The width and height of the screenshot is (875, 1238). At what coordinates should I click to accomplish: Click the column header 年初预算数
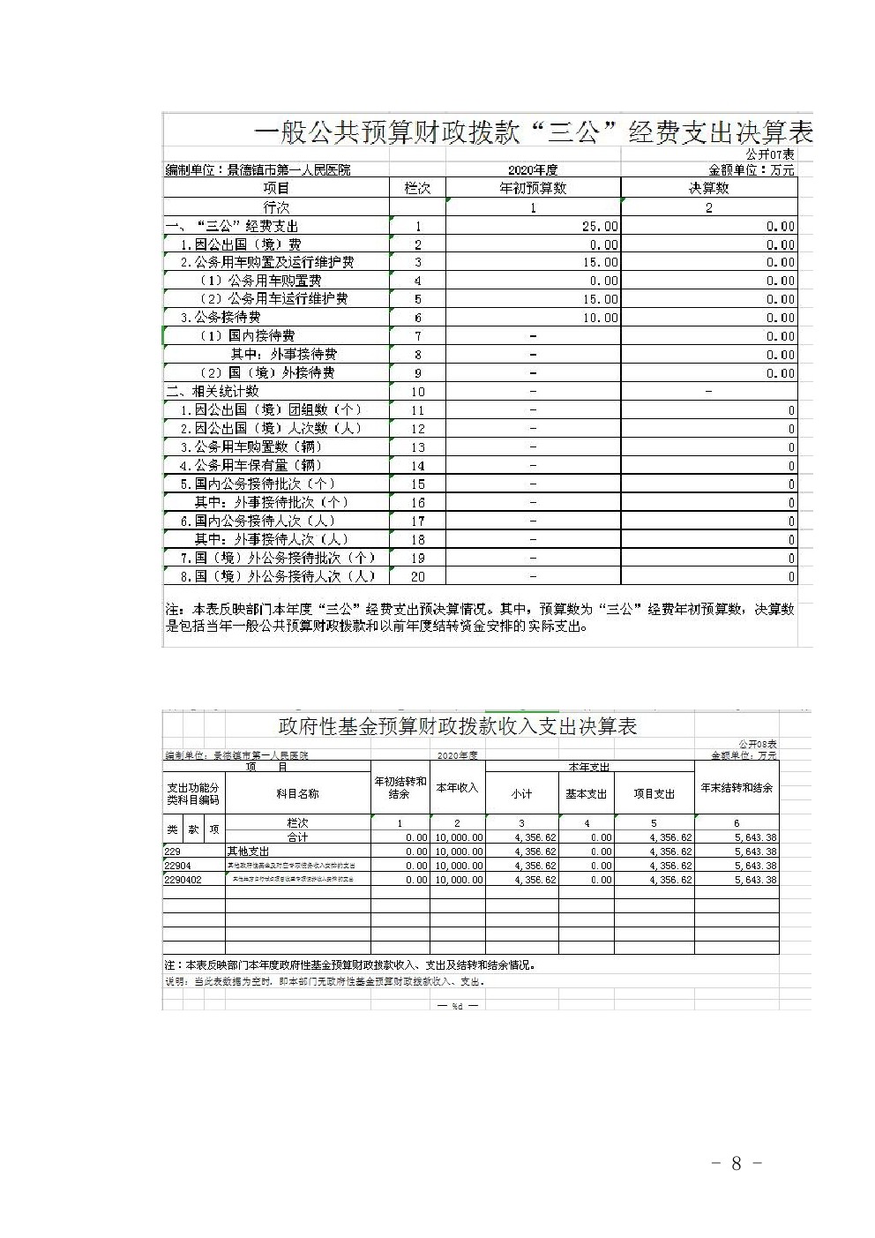533,187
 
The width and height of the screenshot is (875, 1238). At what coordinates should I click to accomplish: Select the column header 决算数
708,187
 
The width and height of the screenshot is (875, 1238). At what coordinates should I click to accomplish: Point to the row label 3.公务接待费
221,317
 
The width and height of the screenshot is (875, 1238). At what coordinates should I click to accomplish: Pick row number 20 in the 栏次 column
418,576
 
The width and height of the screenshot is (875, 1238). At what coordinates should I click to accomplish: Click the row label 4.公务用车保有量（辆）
251,465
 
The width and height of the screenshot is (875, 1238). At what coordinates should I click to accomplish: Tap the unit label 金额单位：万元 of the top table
752,169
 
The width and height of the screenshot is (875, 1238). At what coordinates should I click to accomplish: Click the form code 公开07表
770,154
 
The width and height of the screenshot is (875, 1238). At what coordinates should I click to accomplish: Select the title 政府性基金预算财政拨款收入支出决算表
458,726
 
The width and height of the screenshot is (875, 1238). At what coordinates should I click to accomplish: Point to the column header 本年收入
457,788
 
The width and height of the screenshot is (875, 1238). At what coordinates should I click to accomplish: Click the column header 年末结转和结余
737,788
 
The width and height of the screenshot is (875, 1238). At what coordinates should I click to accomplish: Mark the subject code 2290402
183,880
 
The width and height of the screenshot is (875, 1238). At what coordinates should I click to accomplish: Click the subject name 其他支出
249,852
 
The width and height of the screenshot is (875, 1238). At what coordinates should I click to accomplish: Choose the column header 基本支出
587,794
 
